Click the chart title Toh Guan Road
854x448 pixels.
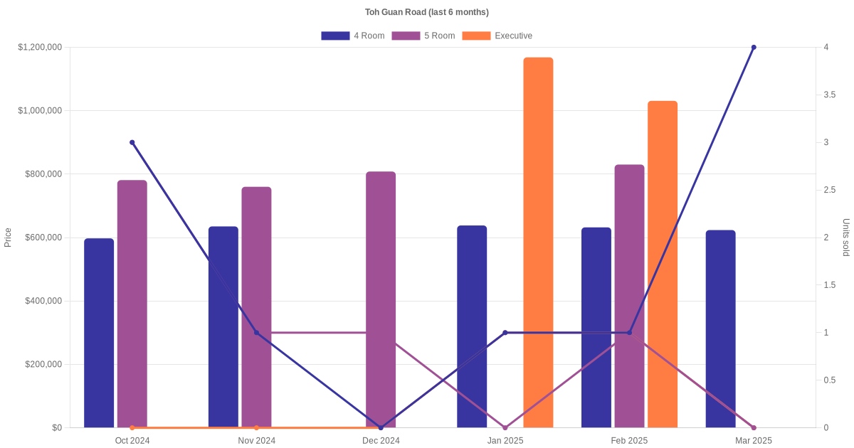coord(426,12)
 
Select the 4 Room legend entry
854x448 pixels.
coord(353,36)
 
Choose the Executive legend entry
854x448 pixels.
coord(497,36)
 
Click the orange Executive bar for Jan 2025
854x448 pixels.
coord(538,242)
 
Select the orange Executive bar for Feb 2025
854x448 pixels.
coord(663,264)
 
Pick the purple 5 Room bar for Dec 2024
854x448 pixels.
coord(381,299)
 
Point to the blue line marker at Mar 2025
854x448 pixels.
coord(754,47)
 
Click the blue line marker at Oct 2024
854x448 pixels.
coord(132,142)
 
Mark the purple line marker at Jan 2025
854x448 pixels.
coord(505,427)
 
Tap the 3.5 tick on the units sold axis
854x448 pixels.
coord(830,95)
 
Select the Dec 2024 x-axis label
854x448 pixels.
coord(381,440)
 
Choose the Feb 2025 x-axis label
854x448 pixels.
coord(629,440)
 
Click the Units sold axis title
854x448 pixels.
coord(845,238)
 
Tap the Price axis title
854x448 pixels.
coord(8,238)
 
